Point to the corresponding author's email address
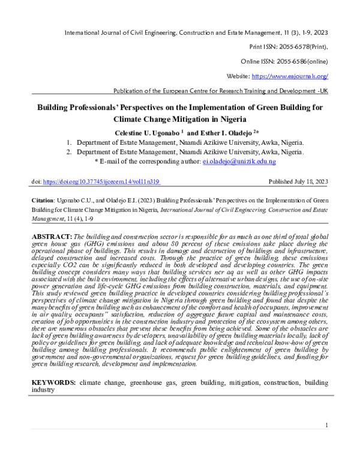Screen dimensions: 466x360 (x=239, y=162)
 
